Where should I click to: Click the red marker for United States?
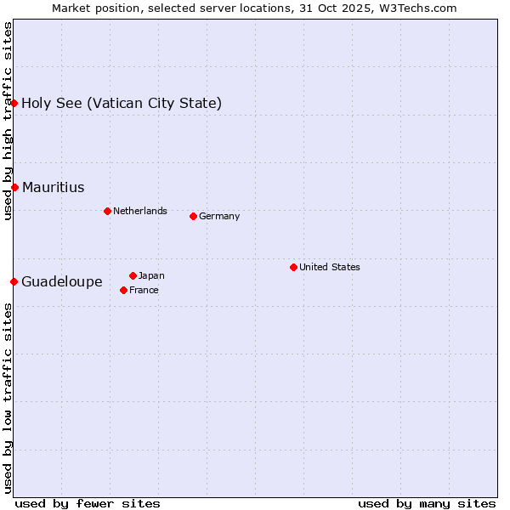tap(293, 267)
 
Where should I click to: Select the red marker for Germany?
tap(193, 216)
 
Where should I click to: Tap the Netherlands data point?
tap(107, 211)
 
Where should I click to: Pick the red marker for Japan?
tap(133, 275)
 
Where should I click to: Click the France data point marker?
tap(123, 290)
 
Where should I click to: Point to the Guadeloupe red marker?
tap(14, 281)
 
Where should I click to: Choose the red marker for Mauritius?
tap(14, 187)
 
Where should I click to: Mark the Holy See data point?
tap(14, 103)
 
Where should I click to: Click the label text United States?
tap(330, 267)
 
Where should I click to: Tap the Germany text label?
tap(219, 216)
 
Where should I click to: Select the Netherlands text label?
tap(140, 211)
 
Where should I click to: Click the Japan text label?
tap(151, 275)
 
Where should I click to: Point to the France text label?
tap(144, 290)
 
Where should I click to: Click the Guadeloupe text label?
tap(62, 281)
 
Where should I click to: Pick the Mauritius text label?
tap(54, 187)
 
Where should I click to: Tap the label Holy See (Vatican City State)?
tap(122, 103)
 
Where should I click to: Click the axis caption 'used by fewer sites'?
tap(88, 503)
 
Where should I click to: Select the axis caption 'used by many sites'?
tap(427, 503)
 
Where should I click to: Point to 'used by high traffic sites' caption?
tap(8, 121)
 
